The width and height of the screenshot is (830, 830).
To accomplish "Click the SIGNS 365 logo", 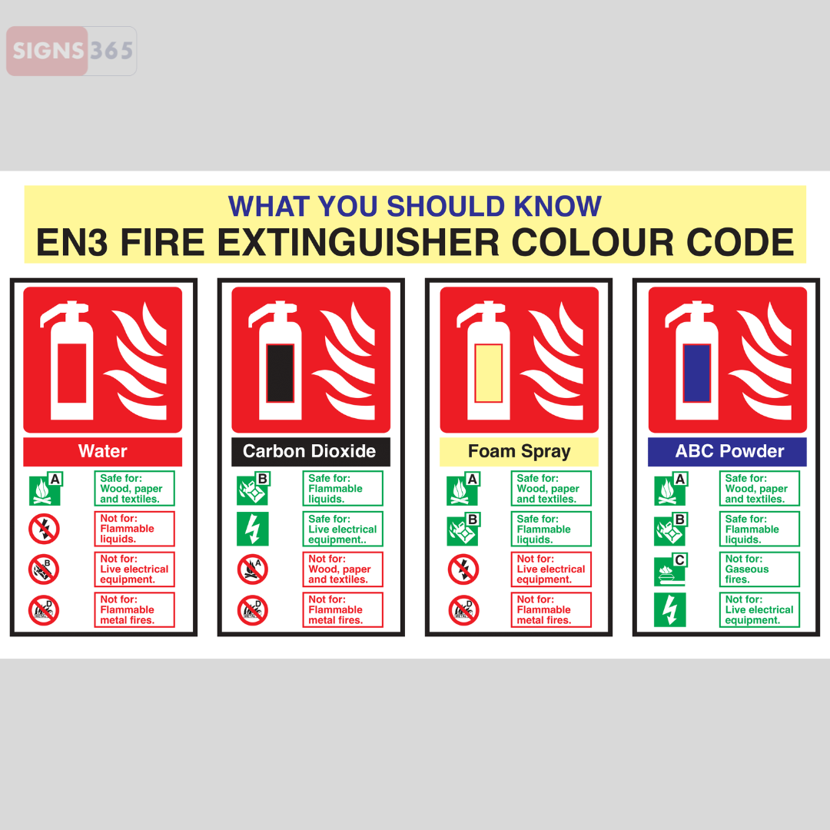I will click(71, 51).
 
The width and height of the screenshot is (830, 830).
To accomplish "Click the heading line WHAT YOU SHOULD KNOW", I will click(415, 207).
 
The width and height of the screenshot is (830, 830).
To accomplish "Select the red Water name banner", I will click(102, 451).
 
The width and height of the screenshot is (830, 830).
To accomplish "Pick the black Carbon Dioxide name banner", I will click(310, 451).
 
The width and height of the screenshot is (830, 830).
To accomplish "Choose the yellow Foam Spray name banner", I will click(519, 451).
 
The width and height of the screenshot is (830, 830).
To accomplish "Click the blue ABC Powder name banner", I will click(727, 451).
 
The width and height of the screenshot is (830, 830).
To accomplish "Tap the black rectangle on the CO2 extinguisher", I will click(280, 373).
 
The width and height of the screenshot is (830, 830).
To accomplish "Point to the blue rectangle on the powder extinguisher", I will click(697, 373).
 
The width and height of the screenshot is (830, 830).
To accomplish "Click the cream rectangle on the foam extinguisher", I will click(488, 373).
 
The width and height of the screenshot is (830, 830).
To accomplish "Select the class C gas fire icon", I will click(669, 569).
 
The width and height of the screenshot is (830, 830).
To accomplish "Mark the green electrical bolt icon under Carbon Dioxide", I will click(252, 529).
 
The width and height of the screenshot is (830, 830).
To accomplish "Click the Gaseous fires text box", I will click(759, 569).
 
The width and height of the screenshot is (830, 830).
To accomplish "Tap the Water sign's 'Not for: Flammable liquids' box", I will click(134, 529).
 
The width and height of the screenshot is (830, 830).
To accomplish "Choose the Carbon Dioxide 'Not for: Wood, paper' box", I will click(343, 569).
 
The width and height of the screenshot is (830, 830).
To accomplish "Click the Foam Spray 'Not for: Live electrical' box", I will click(551, 569).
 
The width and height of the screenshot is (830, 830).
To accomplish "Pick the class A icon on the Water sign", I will click(45, 489).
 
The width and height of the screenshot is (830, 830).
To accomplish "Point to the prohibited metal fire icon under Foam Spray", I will click(463, 610).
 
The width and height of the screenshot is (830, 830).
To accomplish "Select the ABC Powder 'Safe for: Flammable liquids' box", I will click(759, 529).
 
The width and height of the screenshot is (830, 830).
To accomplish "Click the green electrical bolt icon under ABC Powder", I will click(669, 610).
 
